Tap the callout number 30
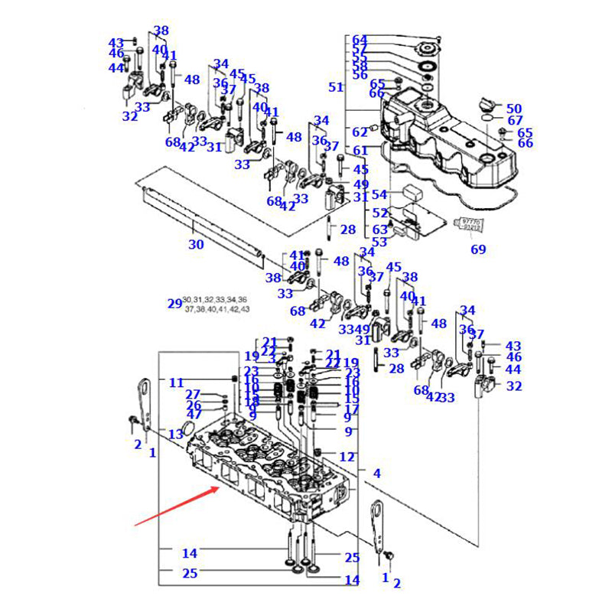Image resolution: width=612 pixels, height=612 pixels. pos(196,245)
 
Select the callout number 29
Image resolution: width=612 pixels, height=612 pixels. pos(175,303)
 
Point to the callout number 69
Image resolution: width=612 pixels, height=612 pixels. pos(478,249)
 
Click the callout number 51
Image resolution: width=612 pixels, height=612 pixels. pos(336,87)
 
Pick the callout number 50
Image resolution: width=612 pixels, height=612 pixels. pos(514,109)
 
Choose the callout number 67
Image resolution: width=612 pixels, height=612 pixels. pos(515,121)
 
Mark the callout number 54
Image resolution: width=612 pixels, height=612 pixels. pos(380,195)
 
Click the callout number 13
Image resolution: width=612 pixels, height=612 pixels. pos(176,434)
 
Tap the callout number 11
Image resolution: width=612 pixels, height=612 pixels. pos(177,382)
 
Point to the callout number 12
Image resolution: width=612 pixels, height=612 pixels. pos(347,457)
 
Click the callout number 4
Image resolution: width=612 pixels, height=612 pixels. pos(376,474)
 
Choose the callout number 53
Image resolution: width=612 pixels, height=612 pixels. pos(379,242)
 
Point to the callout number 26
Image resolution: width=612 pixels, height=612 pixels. pos(194,405)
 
